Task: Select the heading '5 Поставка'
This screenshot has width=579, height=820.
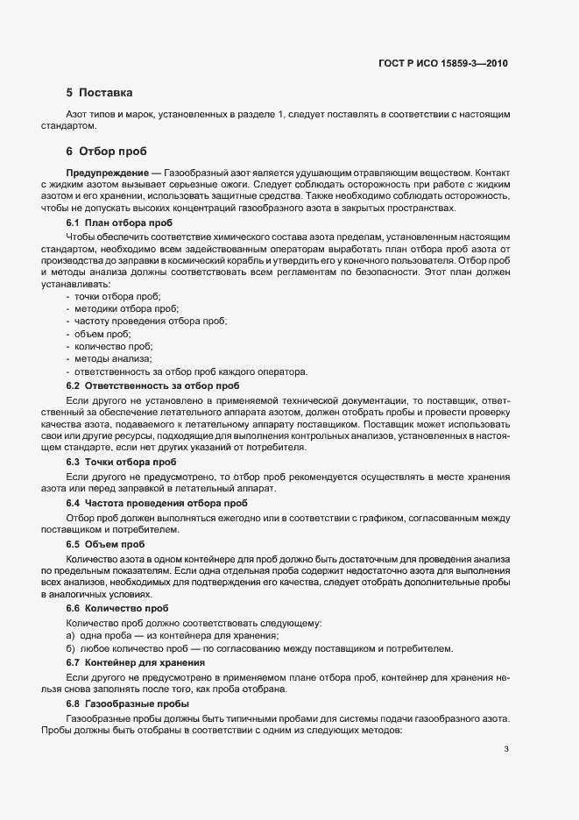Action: [99, 92]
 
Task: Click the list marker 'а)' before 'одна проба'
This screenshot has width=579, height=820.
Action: [70, 635]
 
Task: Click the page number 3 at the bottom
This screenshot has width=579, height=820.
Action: [506, 748]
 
